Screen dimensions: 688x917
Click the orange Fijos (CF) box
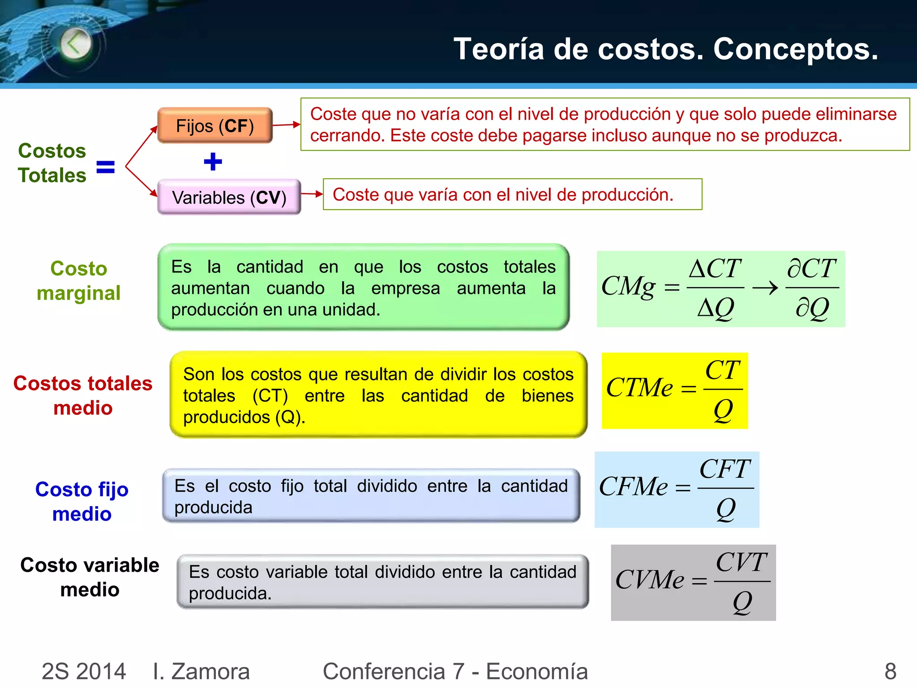215,126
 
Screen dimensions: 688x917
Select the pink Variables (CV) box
229,198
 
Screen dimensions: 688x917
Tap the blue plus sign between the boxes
213,162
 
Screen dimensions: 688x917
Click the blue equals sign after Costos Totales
106,167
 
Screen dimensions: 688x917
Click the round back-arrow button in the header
76,44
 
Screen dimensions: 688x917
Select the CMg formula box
720,288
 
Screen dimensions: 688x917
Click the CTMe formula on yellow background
674,390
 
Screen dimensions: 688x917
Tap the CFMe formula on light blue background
677,489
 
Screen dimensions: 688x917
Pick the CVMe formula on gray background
693,582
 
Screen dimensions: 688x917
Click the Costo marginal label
79,281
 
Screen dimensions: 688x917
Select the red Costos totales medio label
83,396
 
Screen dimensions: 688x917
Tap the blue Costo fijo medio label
82,501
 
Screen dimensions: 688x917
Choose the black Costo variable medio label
90,577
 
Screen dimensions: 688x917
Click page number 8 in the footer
890,671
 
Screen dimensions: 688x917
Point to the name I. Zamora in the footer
201,671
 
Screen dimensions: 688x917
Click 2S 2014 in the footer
84,671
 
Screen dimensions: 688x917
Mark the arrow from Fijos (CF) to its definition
287,125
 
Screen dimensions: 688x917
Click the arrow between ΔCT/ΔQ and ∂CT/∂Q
765,288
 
